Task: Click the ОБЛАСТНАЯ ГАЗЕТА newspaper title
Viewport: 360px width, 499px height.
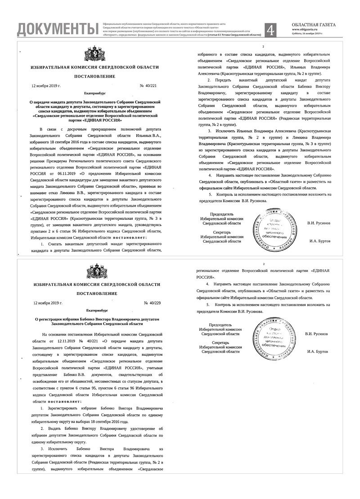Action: tap(313, 25)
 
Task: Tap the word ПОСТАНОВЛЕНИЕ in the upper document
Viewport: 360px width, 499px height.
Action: tap(95, 76)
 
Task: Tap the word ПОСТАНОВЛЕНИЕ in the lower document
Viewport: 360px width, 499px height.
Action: tap(95, 293)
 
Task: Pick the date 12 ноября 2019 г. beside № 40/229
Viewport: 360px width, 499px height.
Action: tap(46, 302)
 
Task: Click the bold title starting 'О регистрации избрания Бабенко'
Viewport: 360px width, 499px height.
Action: tap(95, 321)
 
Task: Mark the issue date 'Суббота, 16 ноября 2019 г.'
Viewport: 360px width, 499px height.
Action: tap(307, 34)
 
